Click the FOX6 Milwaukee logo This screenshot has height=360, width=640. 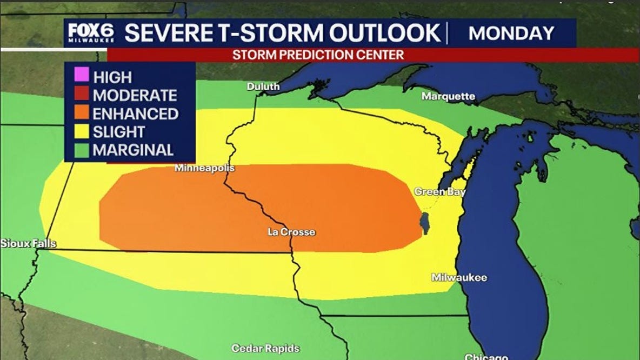91,34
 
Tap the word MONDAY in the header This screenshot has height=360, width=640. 511,34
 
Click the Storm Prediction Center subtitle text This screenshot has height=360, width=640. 318,55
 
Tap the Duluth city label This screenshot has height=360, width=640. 263,86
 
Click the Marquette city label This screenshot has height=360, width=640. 448,97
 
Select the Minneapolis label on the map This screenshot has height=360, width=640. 204,168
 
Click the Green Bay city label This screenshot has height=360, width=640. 439,192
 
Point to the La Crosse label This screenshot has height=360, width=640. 291,232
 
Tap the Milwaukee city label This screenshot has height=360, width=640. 459,277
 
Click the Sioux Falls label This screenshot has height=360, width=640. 28,244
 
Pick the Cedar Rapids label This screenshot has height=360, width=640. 265,349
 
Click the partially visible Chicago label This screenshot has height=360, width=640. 486,357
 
